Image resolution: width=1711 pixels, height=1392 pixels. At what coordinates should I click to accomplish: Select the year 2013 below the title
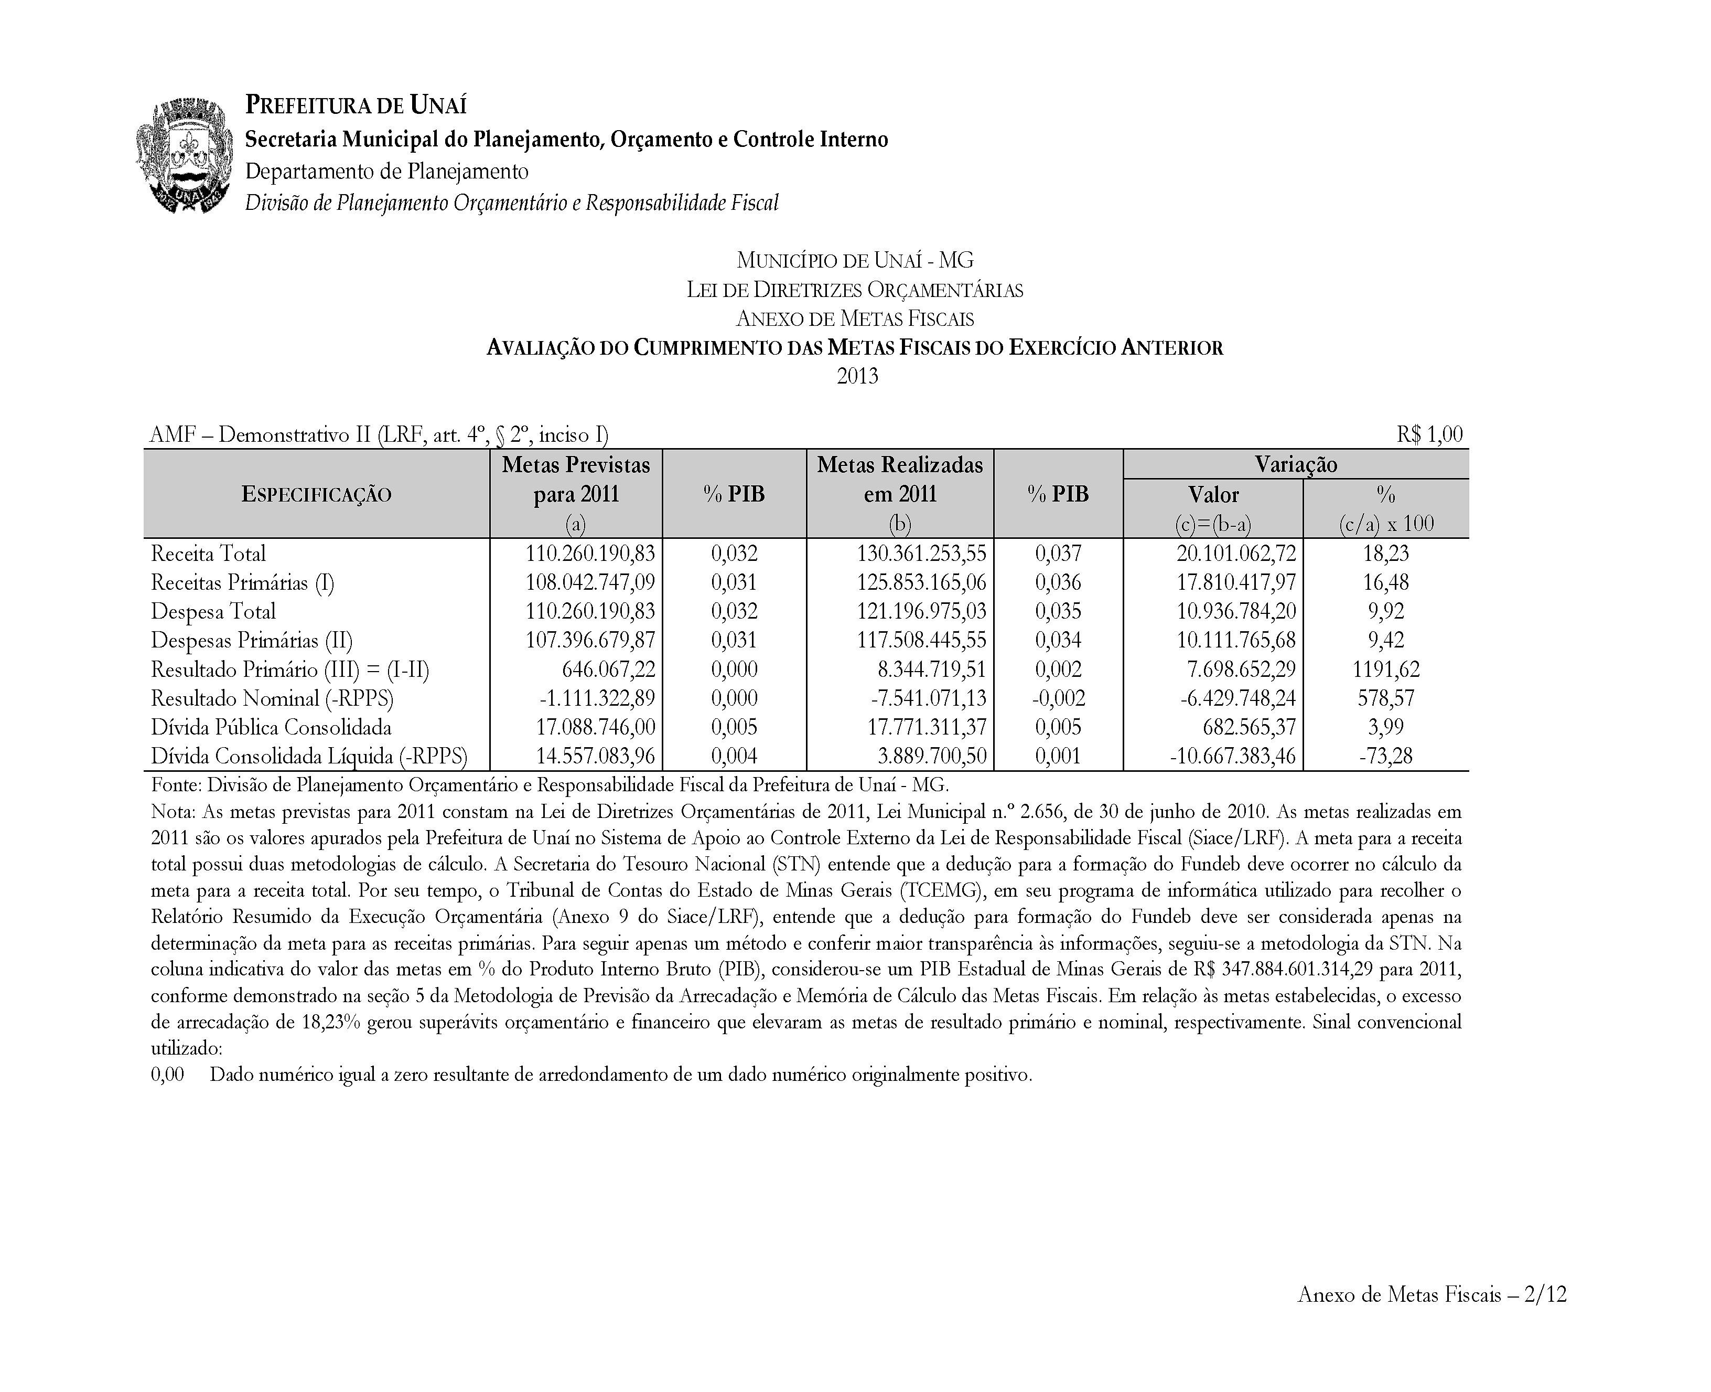(857, 376)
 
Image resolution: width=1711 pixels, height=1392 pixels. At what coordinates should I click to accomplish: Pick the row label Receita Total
(208, 553)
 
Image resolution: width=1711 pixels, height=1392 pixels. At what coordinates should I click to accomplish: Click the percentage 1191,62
(1385, 670)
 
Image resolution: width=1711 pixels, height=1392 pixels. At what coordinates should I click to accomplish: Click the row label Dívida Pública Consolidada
(271, 727)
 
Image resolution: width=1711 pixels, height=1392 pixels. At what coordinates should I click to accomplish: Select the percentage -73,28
(1385, 756)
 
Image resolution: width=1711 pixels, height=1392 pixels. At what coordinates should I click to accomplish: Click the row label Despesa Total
(213, 612)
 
